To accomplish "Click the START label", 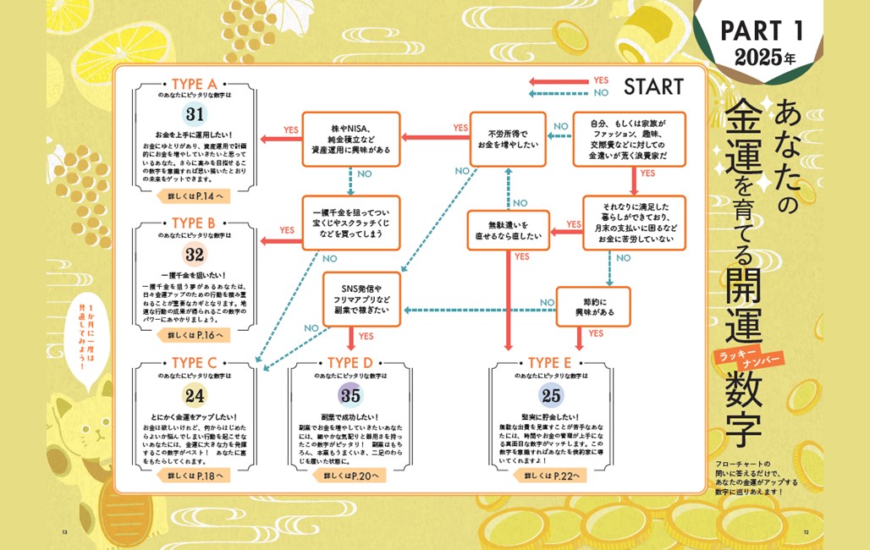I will (652, 86).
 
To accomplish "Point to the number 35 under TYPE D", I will (350, 395).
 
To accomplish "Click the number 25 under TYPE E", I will (551, 395).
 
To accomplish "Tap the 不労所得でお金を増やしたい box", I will (506, 138).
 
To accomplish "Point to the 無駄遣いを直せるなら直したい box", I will (509, 230).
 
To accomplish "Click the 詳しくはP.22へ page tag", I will (551, 476).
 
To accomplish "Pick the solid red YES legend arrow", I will (556, 81).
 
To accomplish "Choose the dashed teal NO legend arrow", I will (556, 92).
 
